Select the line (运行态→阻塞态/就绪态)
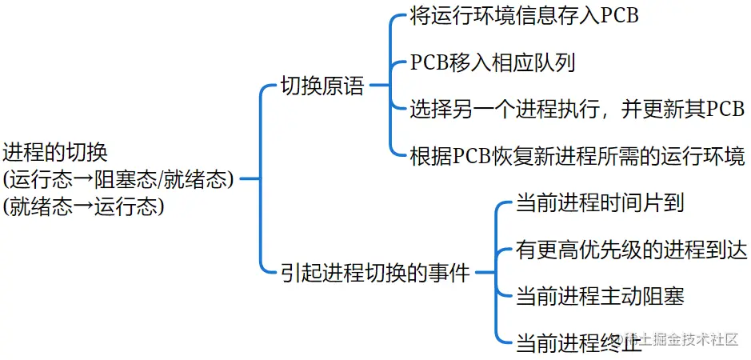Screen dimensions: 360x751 (119, 179)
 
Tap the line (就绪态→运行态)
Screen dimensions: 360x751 (83, 206)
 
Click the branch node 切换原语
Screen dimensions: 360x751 (322, 86)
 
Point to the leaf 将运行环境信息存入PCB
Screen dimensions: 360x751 (524, 17)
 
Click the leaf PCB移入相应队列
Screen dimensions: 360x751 (493, 63)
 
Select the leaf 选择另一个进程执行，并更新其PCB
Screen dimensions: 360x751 (577, 109)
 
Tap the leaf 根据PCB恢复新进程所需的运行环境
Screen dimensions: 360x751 (577, 154)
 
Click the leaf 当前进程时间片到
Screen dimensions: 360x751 (600, 203)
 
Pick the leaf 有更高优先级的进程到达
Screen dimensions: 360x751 (632, 250)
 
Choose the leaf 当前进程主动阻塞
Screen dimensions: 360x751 (600, 296)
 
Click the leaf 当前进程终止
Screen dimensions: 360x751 (578, 342)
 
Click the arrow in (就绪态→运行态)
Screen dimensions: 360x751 (82, 206)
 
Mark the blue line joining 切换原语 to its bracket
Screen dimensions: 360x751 (380, 86)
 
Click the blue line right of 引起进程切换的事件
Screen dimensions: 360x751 (485, 273)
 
